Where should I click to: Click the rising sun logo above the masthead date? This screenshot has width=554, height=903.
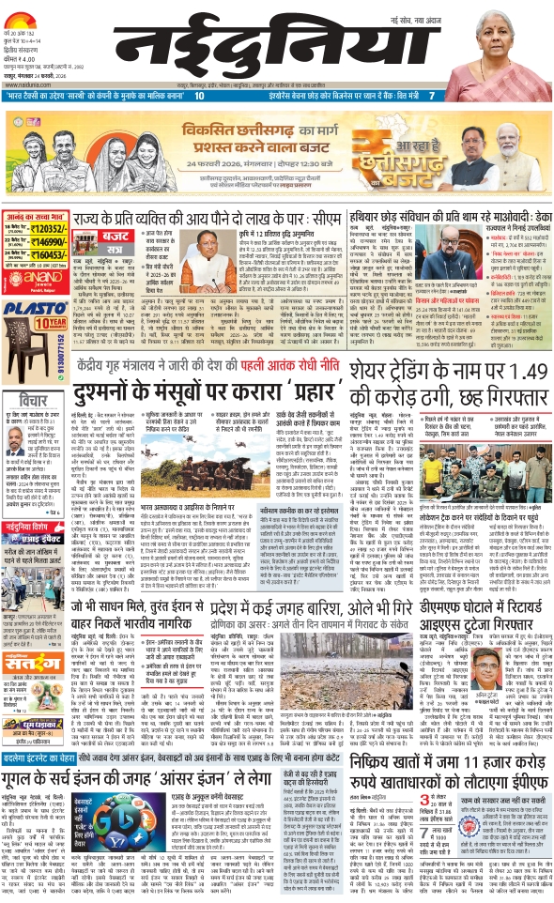pos(34,13)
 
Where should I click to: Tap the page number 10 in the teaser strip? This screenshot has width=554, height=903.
pos(199,95)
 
